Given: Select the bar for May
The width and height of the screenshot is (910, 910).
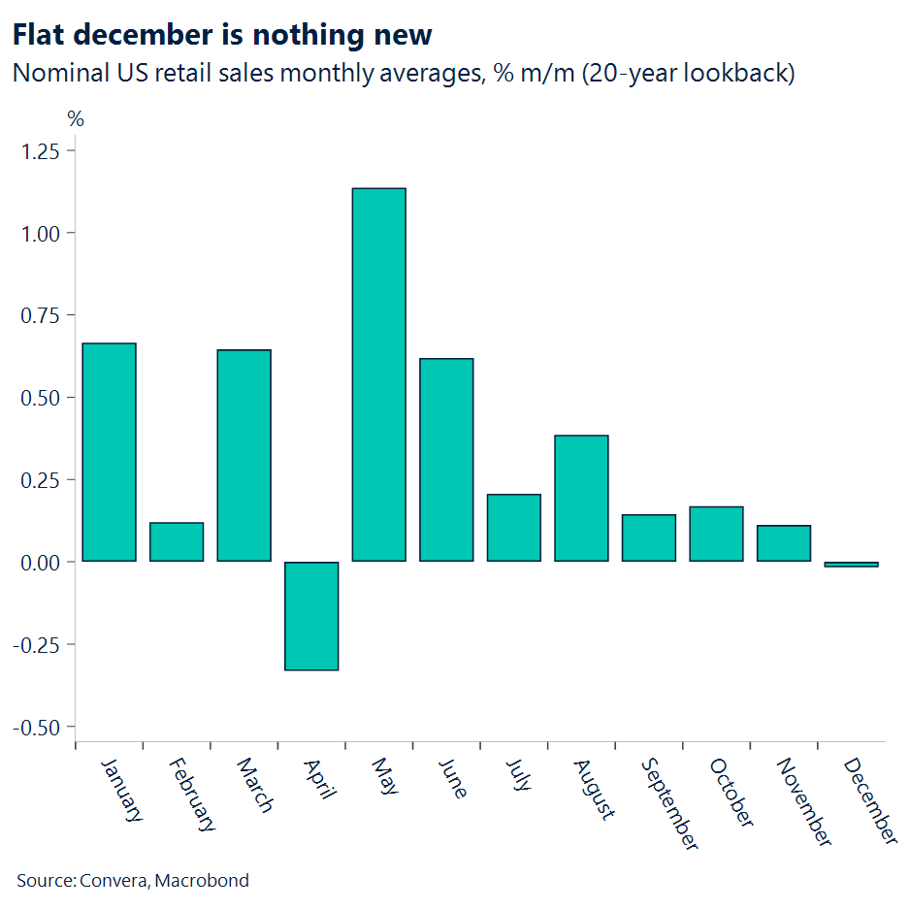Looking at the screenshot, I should pyautogui.click(x=378, y=374).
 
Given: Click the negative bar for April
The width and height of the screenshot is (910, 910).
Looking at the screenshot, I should pyautogui.click(x=311, y=615).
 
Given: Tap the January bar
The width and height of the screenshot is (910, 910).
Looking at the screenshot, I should pyautogui.click(x=109, y=452).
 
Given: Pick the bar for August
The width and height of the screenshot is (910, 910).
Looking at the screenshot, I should pyautogui.click(x=581, y=498).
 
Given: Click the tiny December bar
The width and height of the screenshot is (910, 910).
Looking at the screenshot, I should pyautogui.click(x=851, y=564).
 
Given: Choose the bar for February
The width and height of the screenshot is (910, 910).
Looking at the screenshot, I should pyautogui.click(x=177, y=541).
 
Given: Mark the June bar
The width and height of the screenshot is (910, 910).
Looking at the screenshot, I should pyautogui.click(x=446, y=460).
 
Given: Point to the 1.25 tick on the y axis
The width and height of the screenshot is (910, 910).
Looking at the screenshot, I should pyautogui.click(x=40, y=151).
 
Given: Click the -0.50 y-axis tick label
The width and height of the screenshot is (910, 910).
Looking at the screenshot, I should pyautogui.click(x=36, y=728).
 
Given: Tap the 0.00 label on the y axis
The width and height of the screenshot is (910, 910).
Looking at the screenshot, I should pyautogui.click(x=40, y=563).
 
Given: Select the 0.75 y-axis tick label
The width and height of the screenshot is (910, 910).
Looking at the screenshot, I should pyautogui.click(x=40, y=316).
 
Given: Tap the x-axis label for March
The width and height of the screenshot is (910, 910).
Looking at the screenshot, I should pyautogui.click(x=254, y=785).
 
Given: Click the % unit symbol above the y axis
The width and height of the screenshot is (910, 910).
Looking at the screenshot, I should pyautogui.click(x=76, y=119).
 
